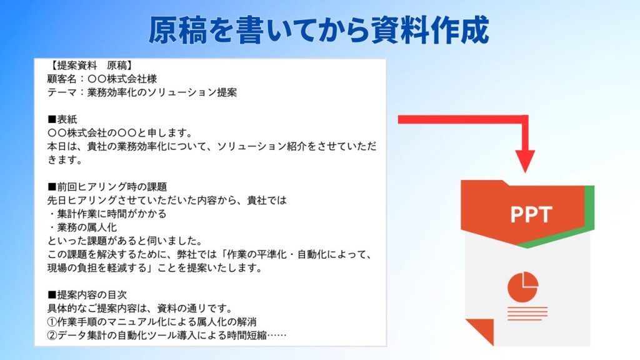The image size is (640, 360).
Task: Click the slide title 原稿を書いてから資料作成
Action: [319, 30]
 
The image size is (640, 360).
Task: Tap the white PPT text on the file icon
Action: [531, 214]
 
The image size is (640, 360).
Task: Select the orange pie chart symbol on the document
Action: [523, 286]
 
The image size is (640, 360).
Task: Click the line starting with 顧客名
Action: [102, 79]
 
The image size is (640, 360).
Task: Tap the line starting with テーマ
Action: [142, 92]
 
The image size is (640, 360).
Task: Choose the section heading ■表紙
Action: [62, 119]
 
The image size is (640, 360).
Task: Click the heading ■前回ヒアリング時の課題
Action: [107, 186]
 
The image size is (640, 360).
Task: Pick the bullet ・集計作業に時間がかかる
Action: [107, 214]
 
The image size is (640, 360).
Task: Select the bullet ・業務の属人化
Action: [82, 227]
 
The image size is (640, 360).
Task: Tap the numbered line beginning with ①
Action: [152, 322]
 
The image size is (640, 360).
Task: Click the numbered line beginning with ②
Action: [167, 335]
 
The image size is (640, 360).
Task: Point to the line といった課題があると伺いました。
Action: [125, 241]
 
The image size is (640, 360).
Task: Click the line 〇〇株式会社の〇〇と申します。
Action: [120, 132]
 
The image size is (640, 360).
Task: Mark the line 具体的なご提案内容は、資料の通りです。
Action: [140, 307]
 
